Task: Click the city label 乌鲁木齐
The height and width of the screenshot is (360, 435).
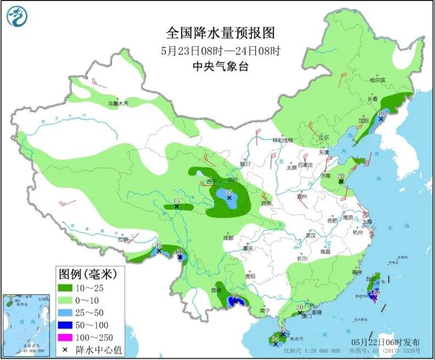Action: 118,103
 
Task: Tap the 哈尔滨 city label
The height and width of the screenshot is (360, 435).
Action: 378,80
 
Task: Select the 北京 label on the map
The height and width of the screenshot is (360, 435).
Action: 323,137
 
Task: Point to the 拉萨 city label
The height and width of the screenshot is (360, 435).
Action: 122,239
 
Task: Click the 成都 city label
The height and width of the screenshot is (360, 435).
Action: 228,238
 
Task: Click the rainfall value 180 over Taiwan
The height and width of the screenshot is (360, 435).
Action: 376,292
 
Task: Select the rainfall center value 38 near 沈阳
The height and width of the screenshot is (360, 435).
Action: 381,114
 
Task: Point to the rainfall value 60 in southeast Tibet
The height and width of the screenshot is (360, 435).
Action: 179,252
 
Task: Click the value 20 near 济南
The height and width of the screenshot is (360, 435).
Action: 341,176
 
